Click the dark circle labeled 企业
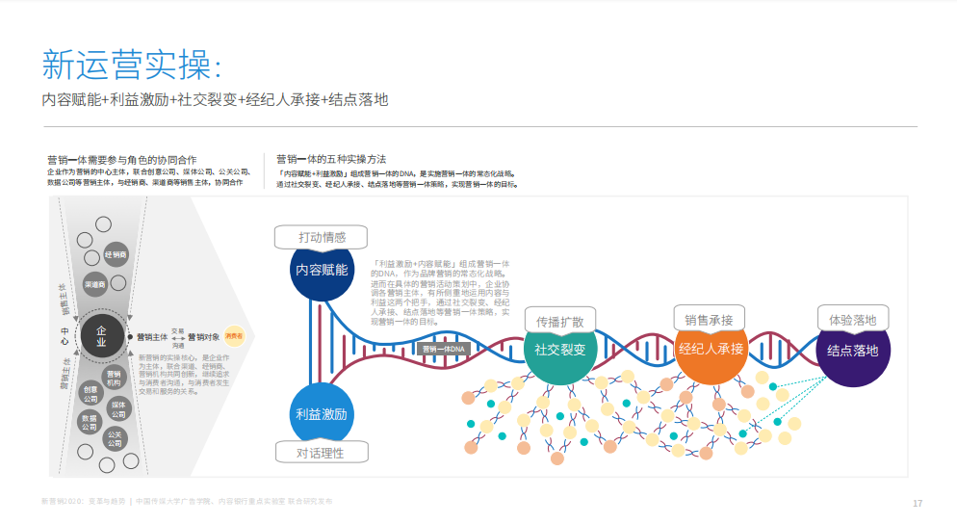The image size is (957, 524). (101, 335)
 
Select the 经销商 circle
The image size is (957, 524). (116, 255)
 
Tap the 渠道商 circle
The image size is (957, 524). (95, 284)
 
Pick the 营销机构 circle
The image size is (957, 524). (115, 378)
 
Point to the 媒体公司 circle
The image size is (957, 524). (119, 408)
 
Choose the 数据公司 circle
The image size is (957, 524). (91, 423)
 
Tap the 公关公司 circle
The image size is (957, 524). (115, 439)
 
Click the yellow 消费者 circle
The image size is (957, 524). (234, 336)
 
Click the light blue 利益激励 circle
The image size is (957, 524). (321, 413)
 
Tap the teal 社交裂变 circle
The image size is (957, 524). (560, 350)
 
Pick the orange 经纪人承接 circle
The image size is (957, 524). (711, 349)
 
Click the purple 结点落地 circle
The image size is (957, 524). (852, 351)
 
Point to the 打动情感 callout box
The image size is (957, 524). (322, 237)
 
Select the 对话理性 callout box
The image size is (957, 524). (320, 452)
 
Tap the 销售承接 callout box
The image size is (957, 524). (710, 319)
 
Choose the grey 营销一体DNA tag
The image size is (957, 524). (444, 349)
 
